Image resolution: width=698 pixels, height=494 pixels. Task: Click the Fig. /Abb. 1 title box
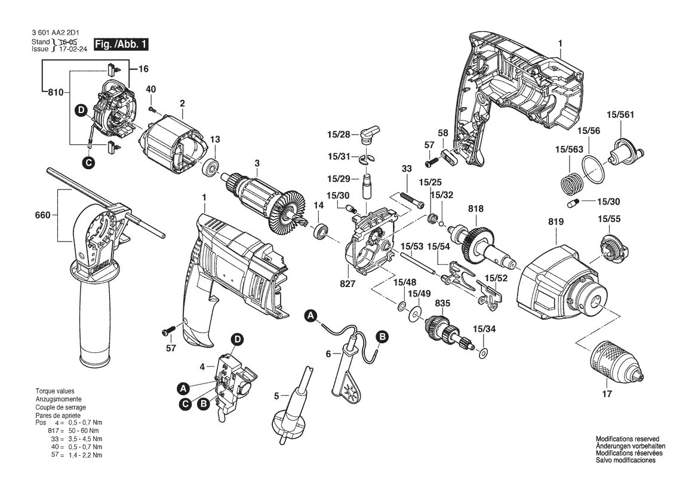121,45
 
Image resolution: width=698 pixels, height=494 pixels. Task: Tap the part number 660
42,215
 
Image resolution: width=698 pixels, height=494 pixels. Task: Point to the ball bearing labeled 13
210,167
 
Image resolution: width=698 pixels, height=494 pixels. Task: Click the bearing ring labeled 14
321,231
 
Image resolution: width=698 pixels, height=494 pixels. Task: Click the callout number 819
556,222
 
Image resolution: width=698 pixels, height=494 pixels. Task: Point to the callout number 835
442,303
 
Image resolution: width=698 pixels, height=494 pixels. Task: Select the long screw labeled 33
410,199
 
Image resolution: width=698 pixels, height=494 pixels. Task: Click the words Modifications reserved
628,439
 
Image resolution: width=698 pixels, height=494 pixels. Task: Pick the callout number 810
56,92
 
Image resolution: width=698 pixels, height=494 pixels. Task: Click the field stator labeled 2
174,143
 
